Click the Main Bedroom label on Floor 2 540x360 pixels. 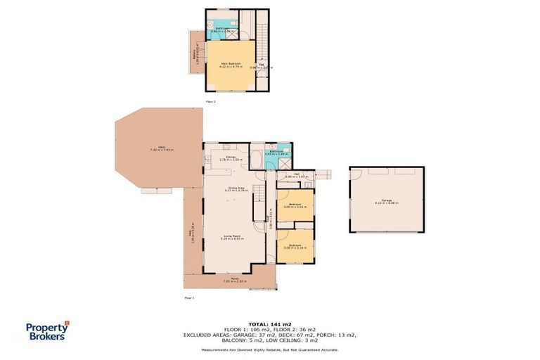[x=231, y=65]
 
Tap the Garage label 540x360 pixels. [x=386, y=202]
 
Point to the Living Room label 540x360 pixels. [x=232, y=238]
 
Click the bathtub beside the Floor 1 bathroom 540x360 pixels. [x=257, y=158]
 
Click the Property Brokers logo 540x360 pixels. [x=47, y=330]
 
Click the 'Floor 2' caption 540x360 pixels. [x=210, y=101]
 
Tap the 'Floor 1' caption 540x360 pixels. [x=189, y=297]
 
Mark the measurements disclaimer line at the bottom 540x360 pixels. [x=269, y=349]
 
